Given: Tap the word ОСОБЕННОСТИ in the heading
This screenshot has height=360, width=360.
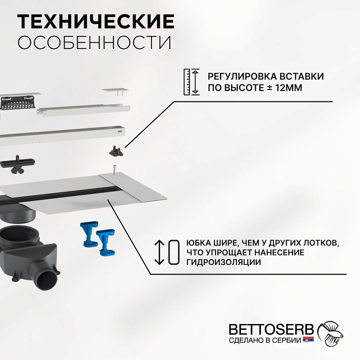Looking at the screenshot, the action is [95, 42].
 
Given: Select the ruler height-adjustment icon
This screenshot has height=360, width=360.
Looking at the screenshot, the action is [192, 82].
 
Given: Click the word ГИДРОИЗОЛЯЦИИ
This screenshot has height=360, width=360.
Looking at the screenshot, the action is [224, 262].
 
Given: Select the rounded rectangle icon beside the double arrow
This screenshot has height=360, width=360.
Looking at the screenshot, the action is [174, 252].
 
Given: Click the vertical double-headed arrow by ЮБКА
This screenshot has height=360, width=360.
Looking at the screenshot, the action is [159, 252].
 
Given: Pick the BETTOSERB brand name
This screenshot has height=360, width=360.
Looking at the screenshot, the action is [271, 329].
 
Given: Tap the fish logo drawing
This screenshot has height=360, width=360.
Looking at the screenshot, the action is [330, 333].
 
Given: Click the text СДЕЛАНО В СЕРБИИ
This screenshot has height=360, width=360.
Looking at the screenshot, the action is [265, 340].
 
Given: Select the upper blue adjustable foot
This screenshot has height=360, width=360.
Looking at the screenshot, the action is [89, 234].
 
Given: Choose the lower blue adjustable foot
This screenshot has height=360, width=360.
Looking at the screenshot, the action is [105, 242].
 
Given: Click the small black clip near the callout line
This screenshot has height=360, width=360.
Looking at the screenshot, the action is [116, 151].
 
